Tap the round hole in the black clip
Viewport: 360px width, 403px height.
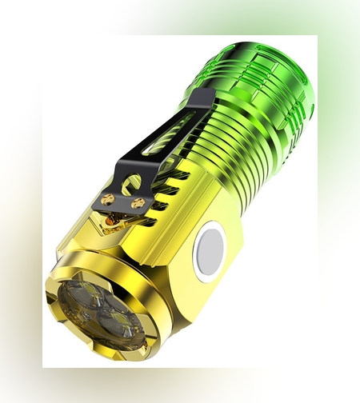coord(134,182)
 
